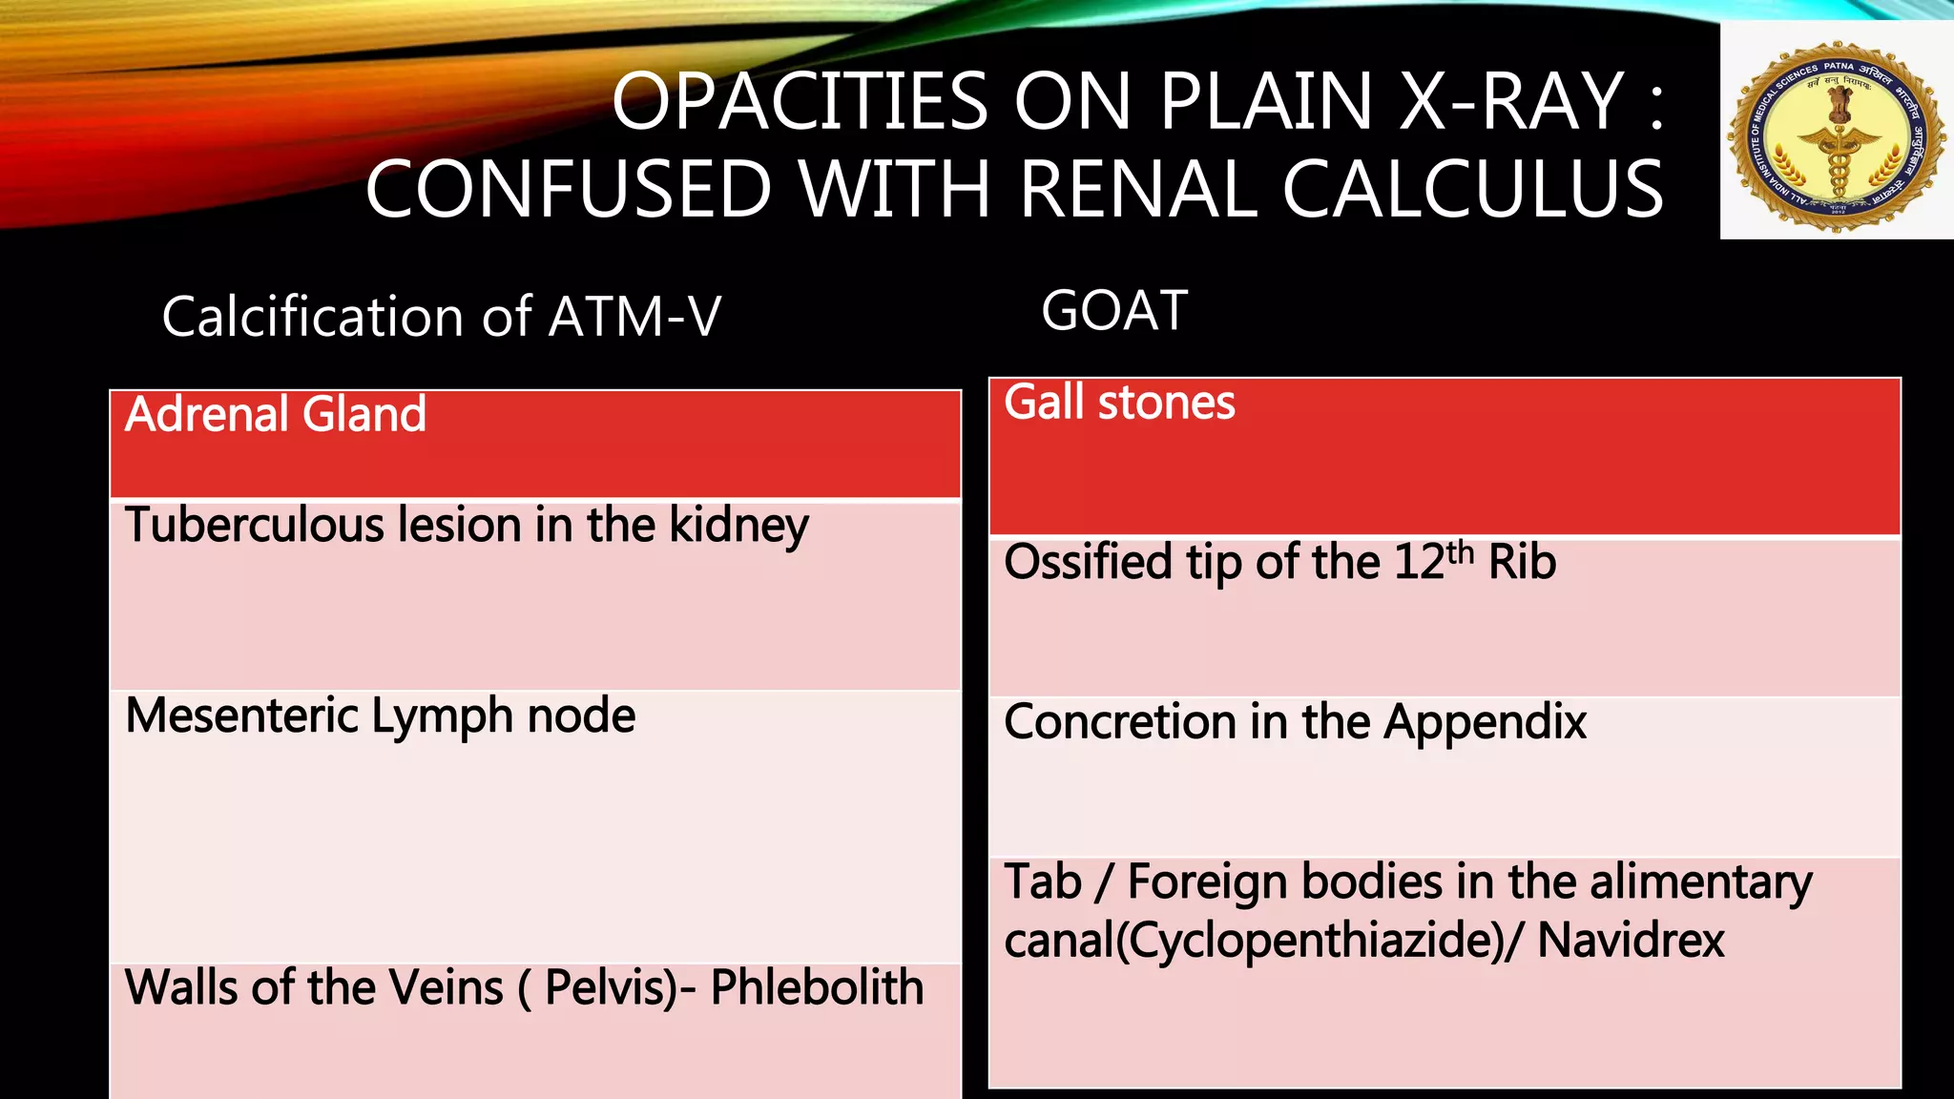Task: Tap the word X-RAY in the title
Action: coord(1511,101)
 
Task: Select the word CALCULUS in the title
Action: coord(1472,189)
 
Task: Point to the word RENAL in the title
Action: coord(1136,189)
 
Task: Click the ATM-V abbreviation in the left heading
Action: coord(634,317)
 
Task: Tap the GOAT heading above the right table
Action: coord(1114,311)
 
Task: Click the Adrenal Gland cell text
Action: coord(276,415)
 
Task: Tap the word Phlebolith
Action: coord(817,987)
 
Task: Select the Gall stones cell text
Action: coord(1119,403)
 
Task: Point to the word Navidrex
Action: coord(1631,941)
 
